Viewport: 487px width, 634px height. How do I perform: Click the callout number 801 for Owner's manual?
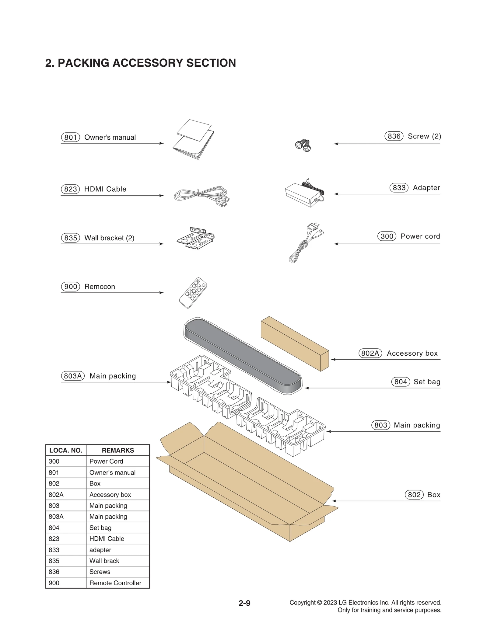(x=70, y=137)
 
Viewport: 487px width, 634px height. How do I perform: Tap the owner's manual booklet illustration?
(x=194, y=140)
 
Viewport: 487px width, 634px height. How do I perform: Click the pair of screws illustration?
(x=303, y=145)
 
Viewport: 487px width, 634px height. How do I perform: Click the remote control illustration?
(x=193, y=293)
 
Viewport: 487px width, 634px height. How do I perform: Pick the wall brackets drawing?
(x=196, y=238)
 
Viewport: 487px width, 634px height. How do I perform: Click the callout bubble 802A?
(x=370, y=353)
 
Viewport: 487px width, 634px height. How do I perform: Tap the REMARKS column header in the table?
(x=118, y=450)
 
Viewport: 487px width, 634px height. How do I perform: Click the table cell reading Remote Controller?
(x=115, y=583)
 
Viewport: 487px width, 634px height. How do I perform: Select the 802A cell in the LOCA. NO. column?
(x=56, y=495)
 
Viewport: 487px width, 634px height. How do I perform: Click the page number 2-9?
(x=244, y=603)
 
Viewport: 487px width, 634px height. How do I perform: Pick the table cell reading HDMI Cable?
(x=107, y=539)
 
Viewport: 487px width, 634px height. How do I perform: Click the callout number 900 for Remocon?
(x=70, y=287)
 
